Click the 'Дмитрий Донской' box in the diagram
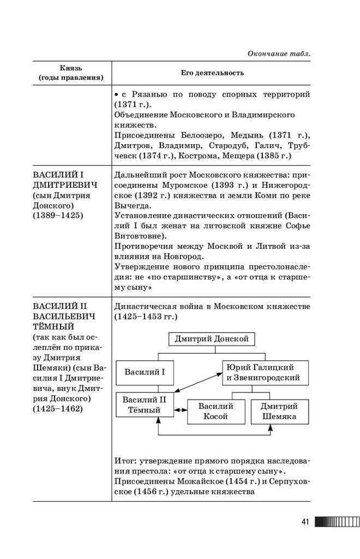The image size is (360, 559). (x=212, y=339)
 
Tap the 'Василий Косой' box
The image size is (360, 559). (x=215, y=411)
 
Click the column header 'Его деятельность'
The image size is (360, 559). (x=212, y=73)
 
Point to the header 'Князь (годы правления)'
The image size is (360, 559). (x=71, y=73)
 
